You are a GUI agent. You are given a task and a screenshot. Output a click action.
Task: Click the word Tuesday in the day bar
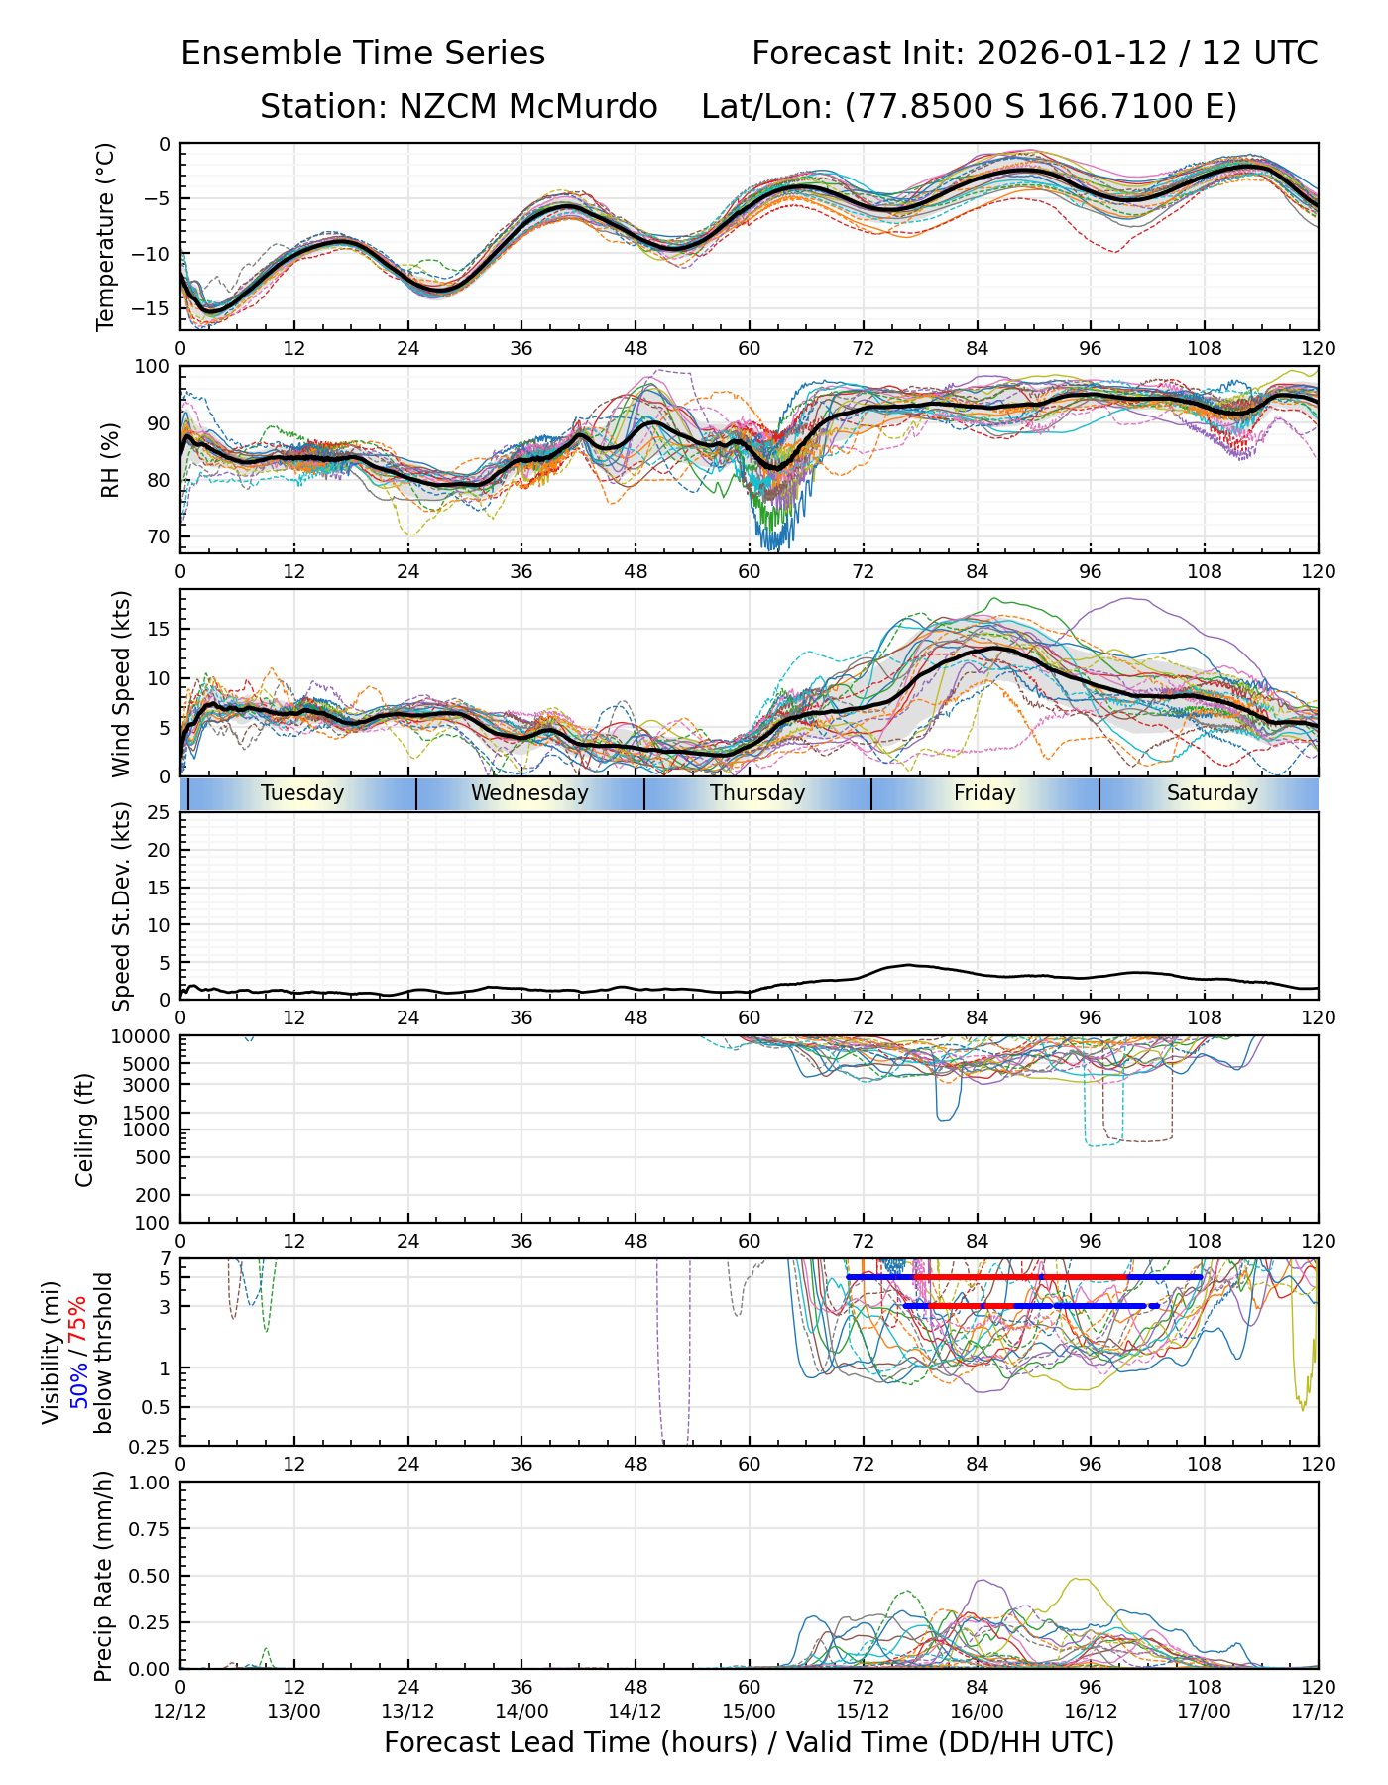click(x=302, y=793)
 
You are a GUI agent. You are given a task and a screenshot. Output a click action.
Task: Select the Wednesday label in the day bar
click(x=529, y=793)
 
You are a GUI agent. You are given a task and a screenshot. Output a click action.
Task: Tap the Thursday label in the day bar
click(x=757, y=793)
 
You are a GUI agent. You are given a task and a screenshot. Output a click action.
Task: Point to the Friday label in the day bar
click(x=984, y=793)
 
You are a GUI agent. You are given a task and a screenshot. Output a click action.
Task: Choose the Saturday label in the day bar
click(x=1212, y=793)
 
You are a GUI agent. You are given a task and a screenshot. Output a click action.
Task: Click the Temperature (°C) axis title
click(x=106, y=236)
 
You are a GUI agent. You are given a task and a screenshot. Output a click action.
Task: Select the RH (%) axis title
click(x=110, y=459)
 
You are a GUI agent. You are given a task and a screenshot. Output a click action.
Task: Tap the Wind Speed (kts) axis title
click(x=121, y=683)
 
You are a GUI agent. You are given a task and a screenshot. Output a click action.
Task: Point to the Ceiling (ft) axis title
click(x=85, y=1130)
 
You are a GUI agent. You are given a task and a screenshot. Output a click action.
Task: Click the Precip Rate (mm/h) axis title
click(x=103, y=1576)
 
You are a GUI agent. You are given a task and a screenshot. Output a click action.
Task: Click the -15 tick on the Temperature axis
click(x=157, y=308)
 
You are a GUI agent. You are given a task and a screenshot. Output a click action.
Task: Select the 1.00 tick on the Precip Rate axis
click(x=151, y=1483)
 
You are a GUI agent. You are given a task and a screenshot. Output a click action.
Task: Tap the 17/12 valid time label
click(x=1318, y=1711)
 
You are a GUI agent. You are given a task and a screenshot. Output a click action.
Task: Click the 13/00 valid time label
click(x=294, y=1711)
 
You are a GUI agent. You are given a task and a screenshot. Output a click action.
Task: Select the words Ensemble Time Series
click(x=363, y=54)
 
